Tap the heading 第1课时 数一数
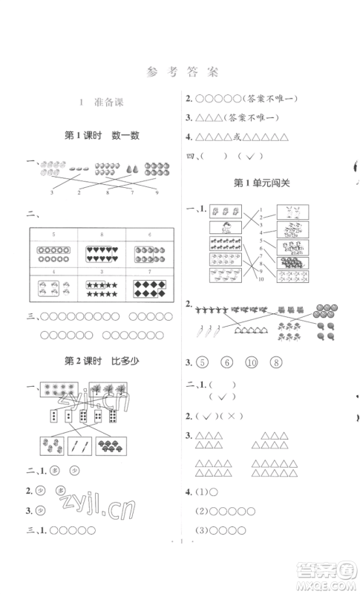click(102, 135)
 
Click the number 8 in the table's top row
click(102, 234)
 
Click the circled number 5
click(203, 363)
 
